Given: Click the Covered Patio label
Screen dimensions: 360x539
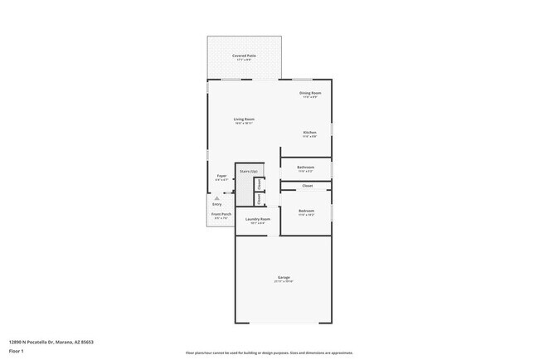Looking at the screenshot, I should tap(244, 56).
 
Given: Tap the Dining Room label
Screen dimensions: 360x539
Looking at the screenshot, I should tap(311, 93).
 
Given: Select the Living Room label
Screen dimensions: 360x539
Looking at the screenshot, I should tap(244, 119).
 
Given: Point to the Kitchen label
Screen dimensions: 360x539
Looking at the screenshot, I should tap(309, 133).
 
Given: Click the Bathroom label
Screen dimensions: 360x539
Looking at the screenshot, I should tap(306, 167).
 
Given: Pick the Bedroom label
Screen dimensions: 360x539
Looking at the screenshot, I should tap(306, 211).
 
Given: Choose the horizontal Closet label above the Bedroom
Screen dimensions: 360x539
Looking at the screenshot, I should tap(307, 186).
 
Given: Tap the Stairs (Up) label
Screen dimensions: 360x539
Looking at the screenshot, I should tap(248, 171).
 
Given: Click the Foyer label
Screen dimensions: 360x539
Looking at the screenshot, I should tap(221, 176).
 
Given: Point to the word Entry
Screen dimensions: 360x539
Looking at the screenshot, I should tap(217, 204).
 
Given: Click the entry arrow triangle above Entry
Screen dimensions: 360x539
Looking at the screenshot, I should tap(217, 198).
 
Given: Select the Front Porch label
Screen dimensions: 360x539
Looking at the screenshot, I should tap(221, 214).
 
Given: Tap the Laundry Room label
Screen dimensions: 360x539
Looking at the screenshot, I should tap(257, 219).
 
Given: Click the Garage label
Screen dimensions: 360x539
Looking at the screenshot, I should tap(284, 277).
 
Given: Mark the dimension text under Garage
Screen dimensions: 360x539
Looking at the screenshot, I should tap(284, 281).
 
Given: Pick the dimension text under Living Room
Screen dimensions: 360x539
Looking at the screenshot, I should tap(244, 124).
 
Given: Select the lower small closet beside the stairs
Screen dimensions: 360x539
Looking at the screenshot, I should tap(260, 199).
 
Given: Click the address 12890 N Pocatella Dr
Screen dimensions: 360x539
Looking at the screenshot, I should tap(51, 341).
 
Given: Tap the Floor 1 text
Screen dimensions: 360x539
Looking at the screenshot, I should tap(17, 351).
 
